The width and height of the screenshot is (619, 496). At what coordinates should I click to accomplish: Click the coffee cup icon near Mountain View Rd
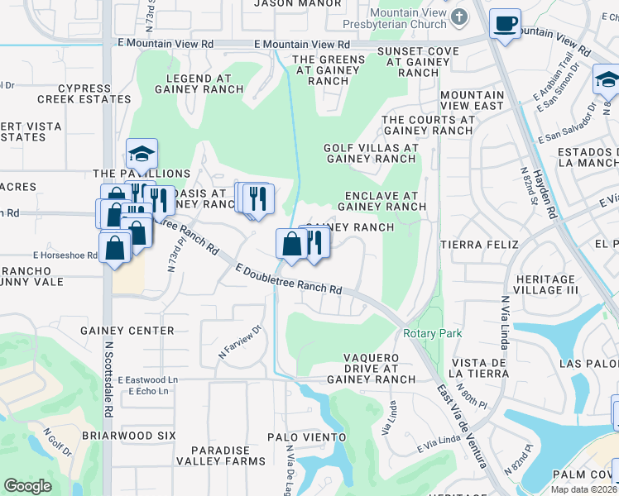pyautogui.click(x=504, y=23)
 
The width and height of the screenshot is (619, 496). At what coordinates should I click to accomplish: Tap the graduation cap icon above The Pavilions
pyautogui.click(x=142, y=153)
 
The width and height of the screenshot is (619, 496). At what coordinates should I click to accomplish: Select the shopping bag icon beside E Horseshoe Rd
pyautogui.click(x=115, y=247)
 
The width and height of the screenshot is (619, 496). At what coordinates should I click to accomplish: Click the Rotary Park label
pyautogui.click(x=431, y=333)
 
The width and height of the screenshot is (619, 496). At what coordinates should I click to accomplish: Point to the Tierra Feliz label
pyautogui.click(x=479, y=245)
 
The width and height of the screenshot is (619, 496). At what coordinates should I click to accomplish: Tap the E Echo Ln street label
pyautogui.click(x=148, y=391)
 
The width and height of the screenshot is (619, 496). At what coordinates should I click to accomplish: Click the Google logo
pyautogui.click(x=27, y=486)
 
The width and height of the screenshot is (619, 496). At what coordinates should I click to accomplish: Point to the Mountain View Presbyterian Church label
pyautogui.click(x=408, y=17)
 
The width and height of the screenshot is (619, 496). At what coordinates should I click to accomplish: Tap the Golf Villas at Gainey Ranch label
pyautogui.click(x=371, y=153)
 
